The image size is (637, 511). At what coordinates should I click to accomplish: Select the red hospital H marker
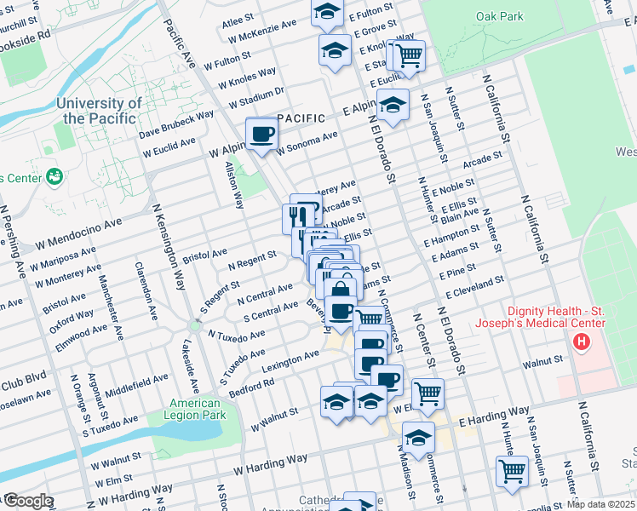[x=582, y=342]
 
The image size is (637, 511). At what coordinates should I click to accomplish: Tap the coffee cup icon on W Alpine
[x=261, y=134]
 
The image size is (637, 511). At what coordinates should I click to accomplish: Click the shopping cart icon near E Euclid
[x=410, y=56]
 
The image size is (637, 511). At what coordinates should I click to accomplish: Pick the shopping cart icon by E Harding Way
[x=428, y=393]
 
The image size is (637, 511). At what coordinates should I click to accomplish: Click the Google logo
[x=27, y=501]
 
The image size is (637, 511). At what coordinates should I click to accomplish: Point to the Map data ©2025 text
[x=601, y=504]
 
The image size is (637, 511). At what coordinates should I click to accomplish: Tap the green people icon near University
[x=55, y=176]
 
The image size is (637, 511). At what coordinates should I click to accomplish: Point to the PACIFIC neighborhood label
[x=301, y=118]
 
